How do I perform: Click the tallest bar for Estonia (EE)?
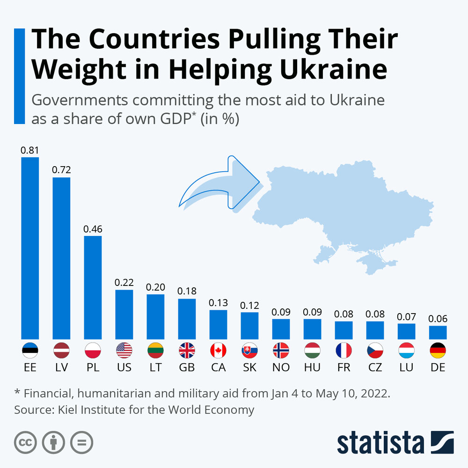click(x=30, y=248)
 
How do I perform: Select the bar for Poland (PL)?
click(x=93, y=287)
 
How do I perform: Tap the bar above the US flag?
click(x=124, y=314)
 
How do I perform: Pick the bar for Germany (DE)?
click(x=438, y=332)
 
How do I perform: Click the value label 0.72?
click(x=61, y=170)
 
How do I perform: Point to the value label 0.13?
click(x=218, y=302)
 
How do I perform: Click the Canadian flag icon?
click(x=218, y=350)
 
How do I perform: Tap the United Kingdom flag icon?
click(x=187, y=350)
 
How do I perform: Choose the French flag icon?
click(x=344, y=350)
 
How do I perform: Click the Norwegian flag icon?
click(x=281, y=350)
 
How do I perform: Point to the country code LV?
click(x=61, y=367)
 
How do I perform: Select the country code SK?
click(x=249, y=367)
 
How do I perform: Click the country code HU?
click(x=312, y=367)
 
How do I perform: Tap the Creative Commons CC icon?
click(x=26, y=442)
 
